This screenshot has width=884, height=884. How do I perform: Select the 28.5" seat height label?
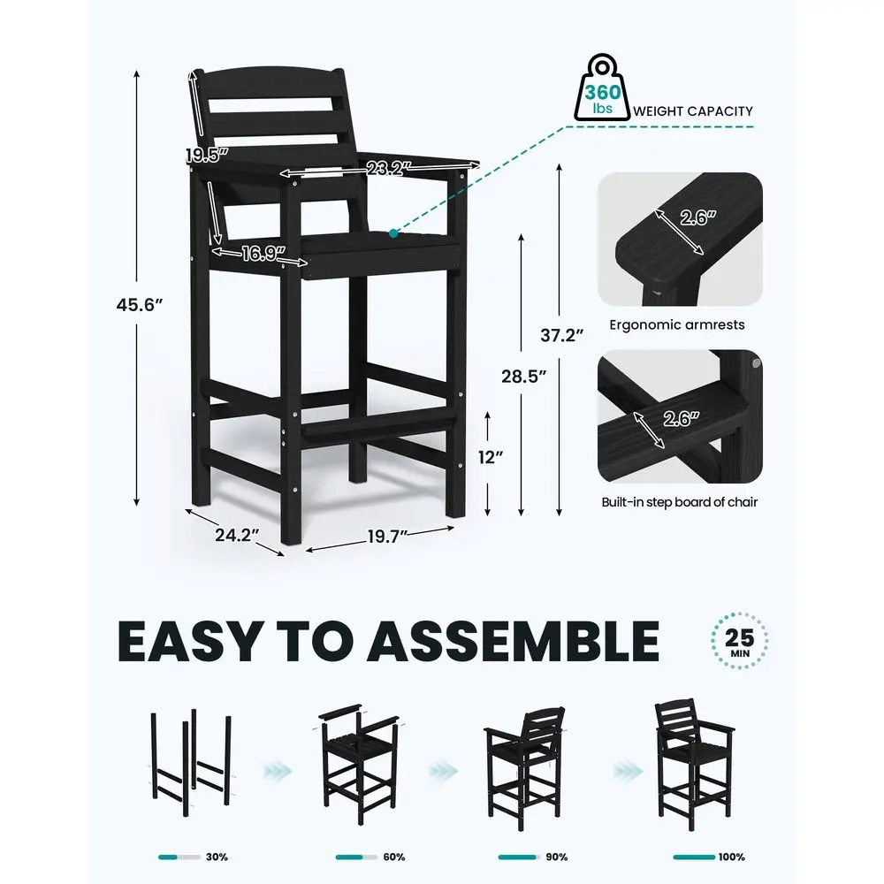pyautogui.click(x=525, y=375)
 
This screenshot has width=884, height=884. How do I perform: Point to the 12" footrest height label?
pyautogui.click(x=491, y=457)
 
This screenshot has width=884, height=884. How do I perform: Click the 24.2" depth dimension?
pyautogui.click(x=236, y=536)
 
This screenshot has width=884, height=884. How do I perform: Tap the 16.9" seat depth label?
pyautogui.click(x=257, y=255)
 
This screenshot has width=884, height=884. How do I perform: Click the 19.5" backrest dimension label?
pyautogui.click(x=207, y=155)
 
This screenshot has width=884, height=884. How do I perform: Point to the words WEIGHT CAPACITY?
pyautogui.click(x=693, y=111)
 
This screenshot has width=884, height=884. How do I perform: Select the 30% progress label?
pyautogui.click(x=217, y=857)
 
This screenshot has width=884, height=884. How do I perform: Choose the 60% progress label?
pyautogui.click(x=394, y=857)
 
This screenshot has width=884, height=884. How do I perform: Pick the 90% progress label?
pyautogui.click(x=557, y=857)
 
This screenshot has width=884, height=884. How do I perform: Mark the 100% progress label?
pyautogui.click(x=731, y=857)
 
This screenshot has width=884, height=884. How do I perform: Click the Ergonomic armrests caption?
pyautogui.click(x=677, y=324)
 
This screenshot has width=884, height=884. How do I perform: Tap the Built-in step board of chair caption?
pyautogui.click(x=679, y=502)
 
